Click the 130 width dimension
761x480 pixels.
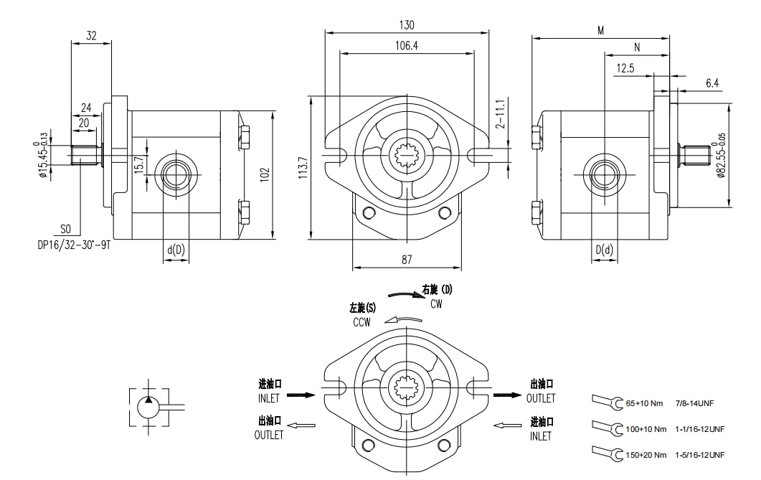point(406,24)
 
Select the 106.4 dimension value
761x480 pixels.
point(406,45)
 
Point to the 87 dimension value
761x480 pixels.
point(407,260)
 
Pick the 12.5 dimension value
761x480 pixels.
point(625,68)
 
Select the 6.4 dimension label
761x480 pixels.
point(712,83)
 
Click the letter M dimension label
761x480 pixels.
point(600,30)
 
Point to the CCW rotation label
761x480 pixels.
point(361,322)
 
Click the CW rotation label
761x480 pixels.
point(436,304)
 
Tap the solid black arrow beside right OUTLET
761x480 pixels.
point(508,395)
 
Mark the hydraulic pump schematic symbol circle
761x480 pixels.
point(149,408)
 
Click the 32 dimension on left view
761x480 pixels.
point(91,34)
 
